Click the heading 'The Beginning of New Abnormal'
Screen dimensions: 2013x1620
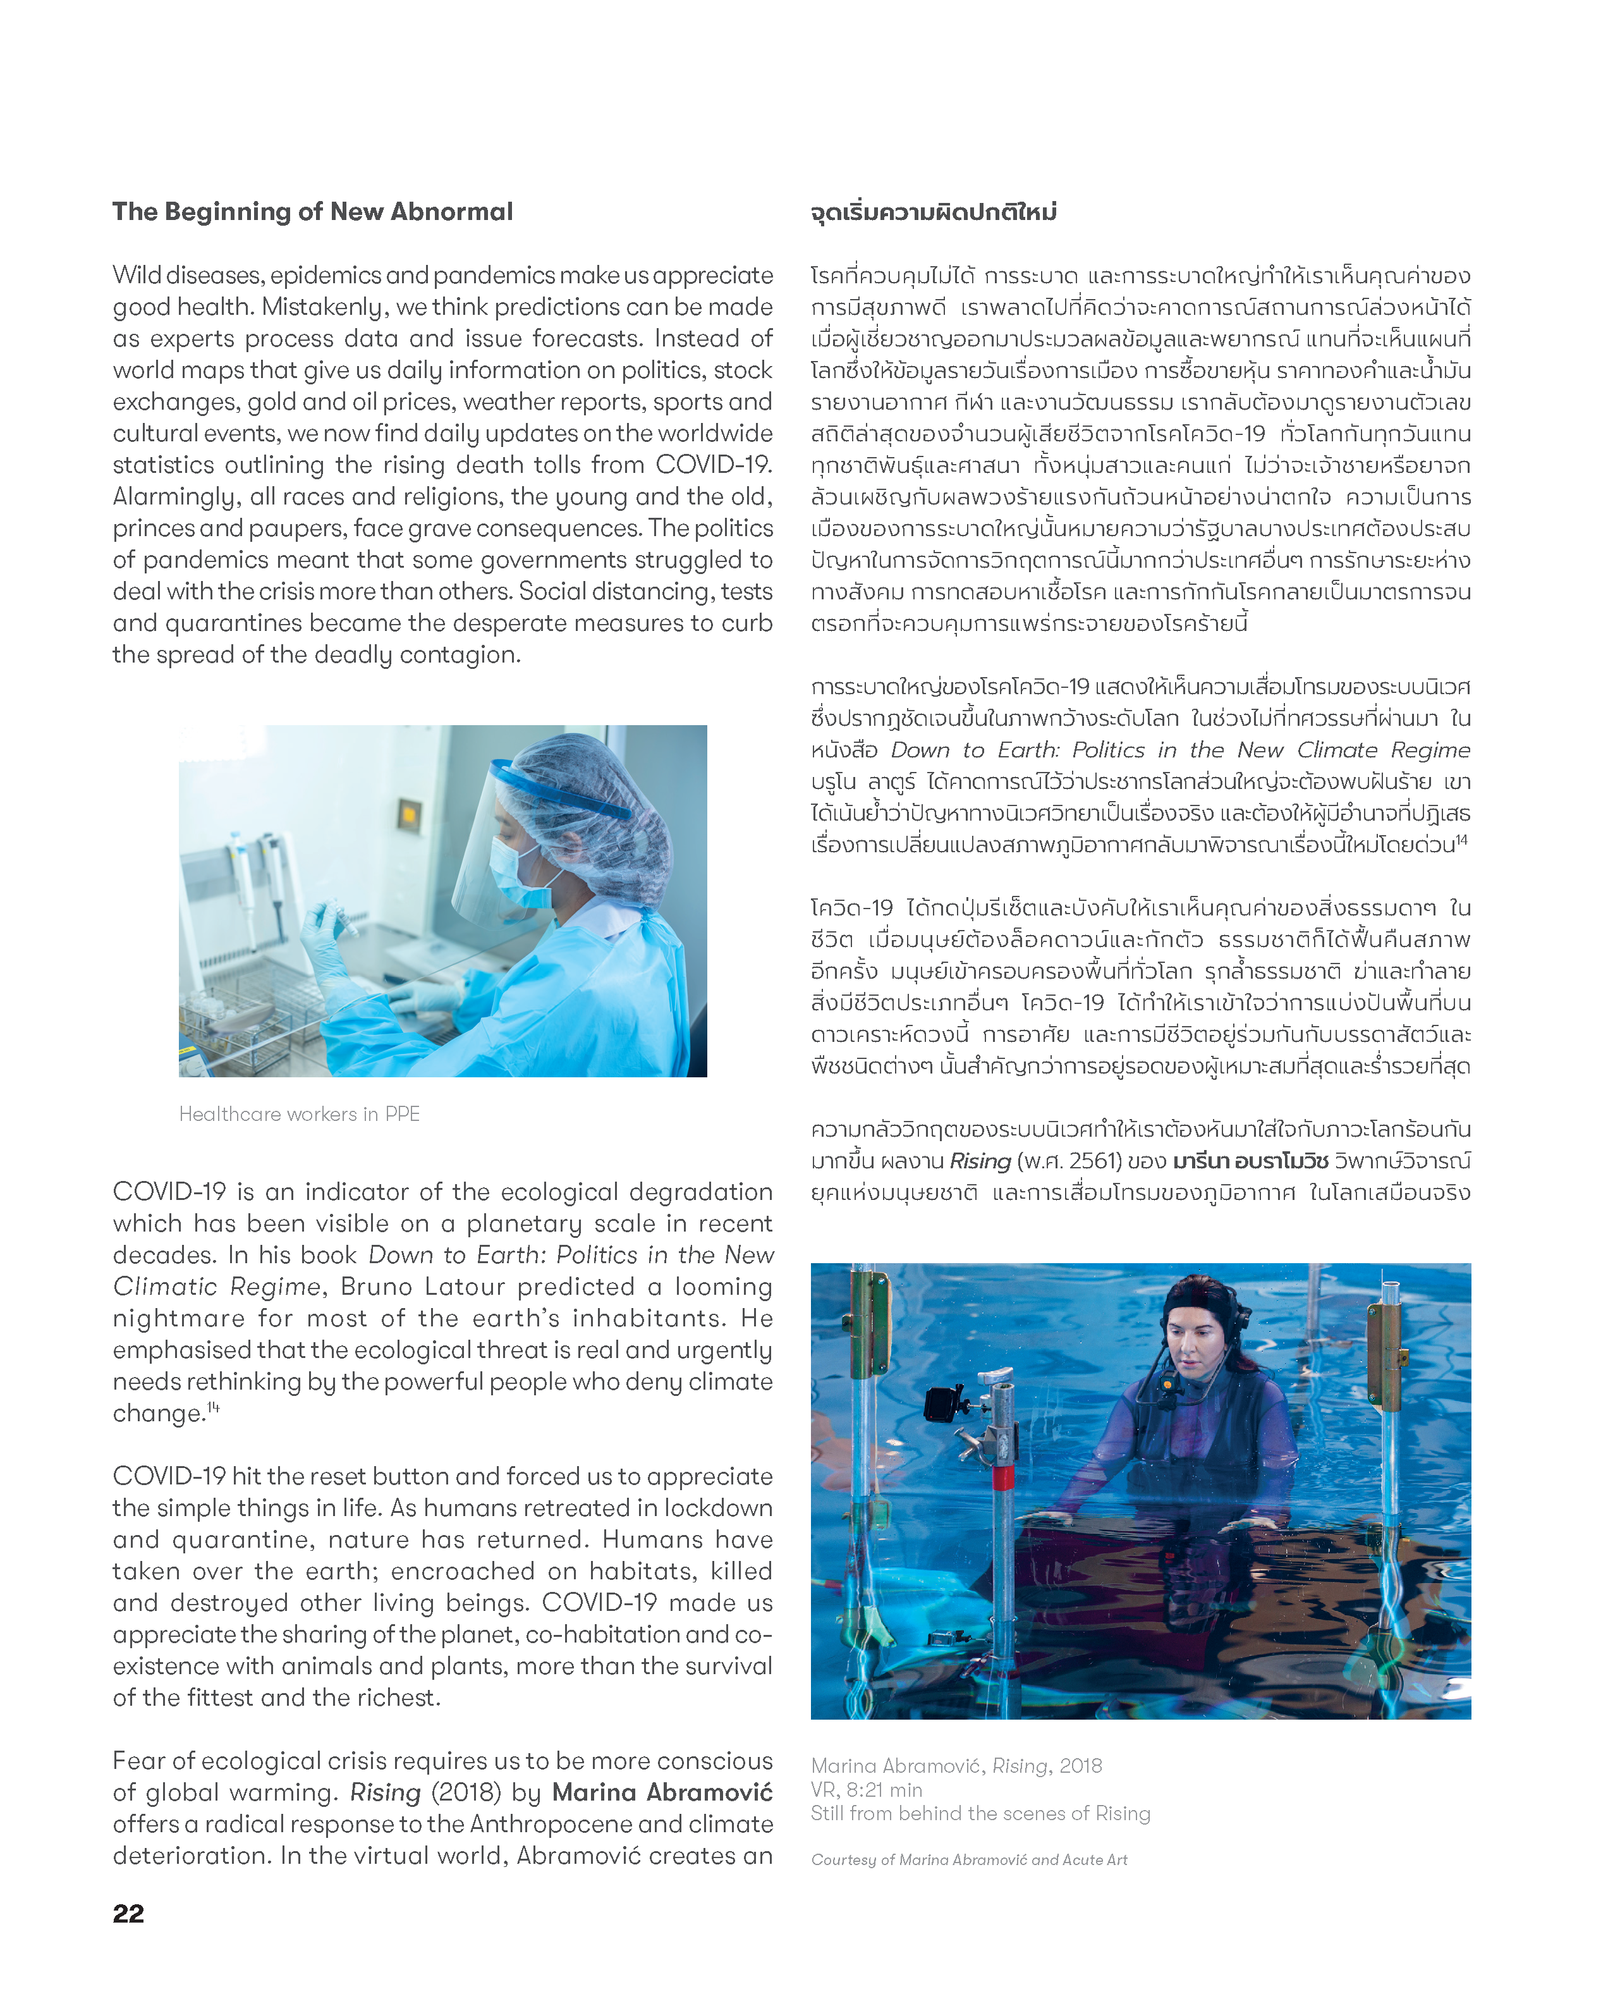313,212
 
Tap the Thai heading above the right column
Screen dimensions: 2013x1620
933,213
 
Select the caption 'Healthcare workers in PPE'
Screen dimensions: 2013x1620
299,1114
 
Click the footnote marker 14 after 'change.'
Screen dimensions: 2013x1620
214,1407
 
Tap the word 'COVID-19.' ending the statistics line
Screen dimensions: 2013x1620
714,465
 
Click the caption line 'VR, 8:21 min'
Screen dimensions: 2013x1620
867,1790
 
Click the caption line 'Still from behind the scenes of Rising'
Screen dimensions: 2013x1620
980,1813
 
